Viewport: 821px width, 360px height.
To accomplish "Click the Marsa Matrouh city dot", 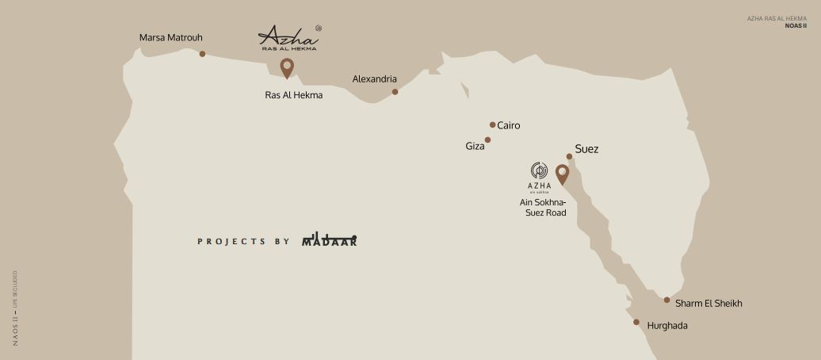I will click(x=202, y=54).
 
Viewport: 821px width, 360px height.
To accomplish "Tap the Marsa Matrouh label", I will click(x=170, y=37).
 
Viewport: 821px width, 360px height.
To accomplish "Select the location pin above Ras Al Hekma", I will click(x=287, y=67).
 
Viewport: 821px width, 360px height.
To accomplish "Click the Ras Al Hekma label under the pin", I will click(x=293, y=95).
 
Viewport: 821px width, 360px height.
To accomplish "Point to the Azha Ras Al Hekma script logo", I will click(x=288, y=37).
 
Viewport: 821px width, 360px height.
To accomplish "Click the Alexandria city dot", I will click(x=395, y=92).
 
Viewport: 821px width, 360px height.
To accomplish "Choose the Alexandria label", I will click(x=374, y=79).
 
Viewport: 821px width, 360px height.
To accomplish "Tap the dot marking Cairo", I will click(x=492, y=124).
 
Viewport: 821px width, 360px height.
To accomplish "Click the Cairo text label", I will click(x=509, y=125).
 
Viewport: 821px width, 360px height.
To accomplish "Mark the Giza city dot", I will click(x=487, y=140).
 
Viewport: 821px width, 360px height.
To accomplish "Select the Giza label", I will click(x=475, y=147).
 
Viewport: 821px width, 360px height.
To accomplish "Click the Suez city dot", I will click(x=569, y=156).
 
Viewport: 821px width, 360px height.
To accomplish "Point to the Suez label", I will click(x=586, y=149).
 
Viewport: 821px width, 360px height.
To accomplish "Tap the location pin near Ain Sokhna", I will click(x=562, y=174).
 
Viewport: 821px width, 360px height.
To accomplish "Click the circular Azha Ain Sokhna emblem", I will click(x=539, y=170).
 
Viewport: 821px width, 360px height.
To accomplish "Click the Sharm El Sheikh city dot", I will click(x=667, y=300).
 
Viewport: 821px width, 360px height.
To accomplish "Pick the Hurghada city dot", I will click(x=636, y=322).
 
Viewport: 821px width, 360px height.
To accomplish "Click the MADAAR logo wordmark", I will click(x=330, y=240).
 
